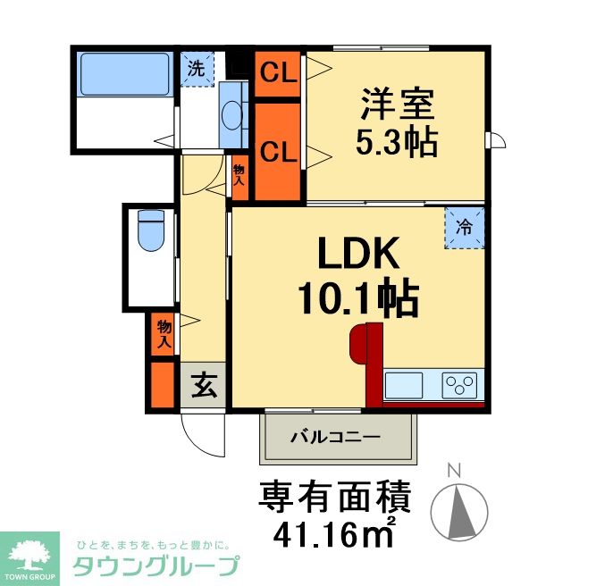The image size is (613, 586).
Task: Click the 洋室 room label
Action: click(x=398, y=104)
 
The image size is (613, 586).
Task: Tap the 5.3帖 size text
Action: click(x=398, y=141)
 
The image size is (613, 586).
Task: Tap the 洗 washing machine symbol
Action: click(x=196, y=65)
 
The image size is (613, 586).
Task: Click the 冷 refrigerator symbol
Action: click(x=465, y=228)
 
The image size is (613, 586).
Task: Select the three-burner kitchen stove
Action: click(x=461, y=385)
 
